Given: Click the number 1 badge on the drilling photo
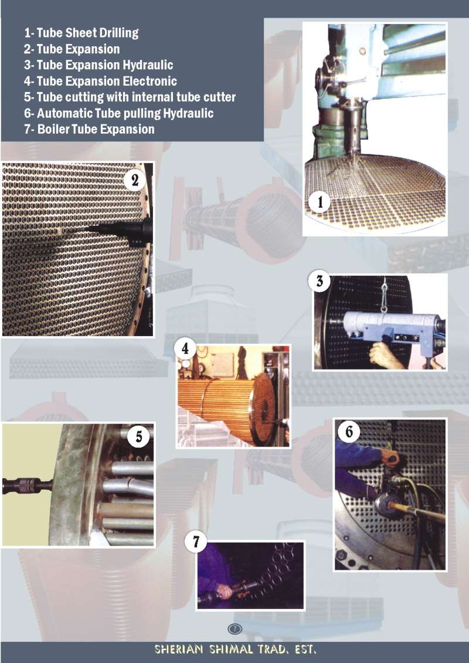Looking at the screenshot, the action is [x=320, y=202].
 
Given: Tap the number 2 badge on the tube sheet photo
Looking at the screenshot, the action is [x=135, y=181].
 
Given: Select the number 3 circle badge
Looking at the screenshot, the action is [x=320, y=281].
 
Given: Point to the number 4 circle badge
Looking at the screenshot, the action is [x=185, y=349].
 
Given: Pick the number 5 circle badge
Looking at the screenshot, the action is [x=139, y=436].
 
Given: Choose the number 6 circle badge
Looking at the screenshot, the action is [x=349, y=431].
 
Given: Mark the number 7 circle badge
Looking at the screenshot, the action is [x=196, y=542].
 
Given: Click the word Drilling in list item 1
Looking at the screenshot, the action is [x=119, y=33].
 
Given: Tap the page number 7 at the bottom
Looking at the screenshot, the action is [x=235, y=629].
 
